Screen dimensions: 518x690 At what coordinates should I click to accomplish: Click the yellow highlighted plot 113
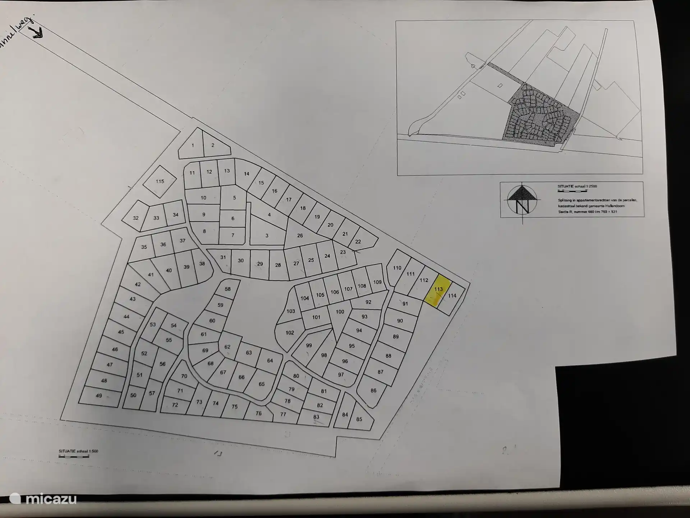click(438, 290)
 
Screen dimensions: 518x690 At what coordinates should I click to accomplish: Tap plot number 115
click(160, 181)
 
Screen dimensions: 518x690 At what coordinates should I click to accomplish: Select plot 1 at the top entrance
click(193, 145)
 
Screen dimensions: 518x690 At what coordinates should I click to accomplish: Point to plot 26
click(300, 236)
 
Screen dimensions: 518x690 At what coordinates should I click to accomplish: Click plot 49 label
click(99, 396)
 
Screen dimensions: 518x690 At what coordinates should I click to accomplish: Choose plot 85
click(359, 419)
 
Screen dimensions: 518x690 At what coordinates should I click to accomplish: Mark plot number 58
click(227, 289)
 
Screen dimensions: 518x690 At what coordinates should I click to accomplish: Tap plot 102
click(290, 333)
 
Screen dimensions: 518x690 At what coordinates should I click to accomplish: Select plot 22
click(358, 242)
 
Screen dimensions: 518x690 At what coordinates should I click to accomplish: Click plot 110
click(397, 268)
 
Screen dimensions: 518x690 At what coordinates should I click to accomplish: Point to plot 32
click(135, 218)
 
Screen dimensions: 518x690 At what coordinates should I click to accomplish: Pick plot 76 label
click(258, 413)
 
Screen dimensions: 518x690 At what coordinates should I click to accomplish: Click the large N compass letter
click(522, 206)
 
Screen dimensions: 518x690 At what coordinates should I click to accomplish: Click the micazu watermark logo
click(43, 499)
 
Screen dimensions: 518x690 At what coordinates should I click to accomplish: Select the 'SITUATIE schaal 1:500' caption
click(78, 451)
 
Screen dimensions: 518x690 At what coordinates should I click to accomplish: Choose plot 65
click(261, 384)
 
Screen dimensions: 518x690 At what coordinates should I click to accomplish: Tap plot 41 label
click(151, 274)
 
